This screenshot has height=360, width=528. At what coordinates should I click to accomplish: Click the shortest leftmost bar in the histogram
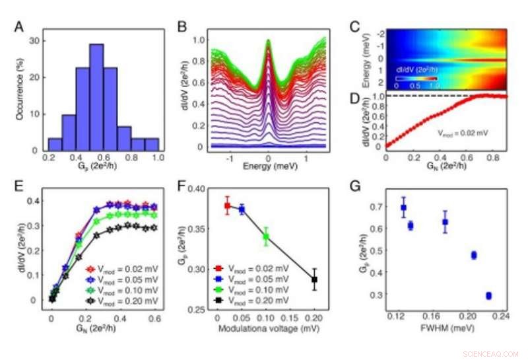tap(55, 144)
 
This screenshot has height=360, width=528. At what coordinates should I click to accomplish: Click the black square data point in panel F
tap(315, 279)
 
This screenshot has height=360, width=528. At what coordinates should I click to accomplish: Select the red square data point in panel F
tap(228, 206)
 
